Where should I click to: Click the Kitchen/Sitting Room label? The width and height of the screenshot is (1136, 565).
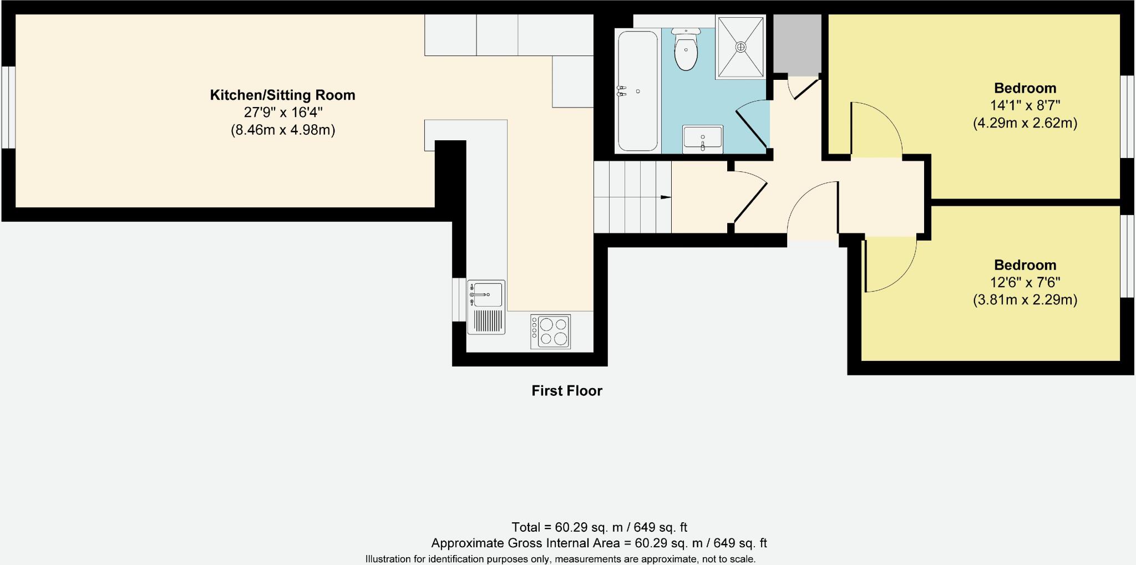282,95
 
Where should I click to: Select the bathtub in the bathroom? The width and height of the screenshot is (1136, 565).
638,91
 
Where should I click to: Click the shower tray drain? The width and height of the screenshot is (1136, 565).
741,47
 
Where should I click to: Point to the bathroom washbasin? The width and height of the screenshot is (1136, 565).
703,139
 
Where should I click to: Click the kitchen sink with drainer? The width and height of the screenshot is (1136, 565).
486,307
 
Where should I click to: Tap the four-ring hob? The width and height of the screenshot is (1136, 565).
550,331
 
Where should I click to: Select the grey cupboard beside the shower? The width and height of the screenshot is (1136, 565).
797,44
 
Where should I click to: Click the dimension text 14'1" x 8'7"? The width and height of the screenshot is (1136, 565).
1025,105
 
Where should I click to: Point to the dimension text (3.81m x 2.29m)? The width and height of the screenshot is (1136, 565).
1025,300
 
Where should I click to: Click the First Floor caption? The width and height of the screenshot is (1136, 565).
566,391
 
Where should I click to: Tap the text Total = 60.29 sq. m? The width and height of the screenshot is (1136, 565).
599,527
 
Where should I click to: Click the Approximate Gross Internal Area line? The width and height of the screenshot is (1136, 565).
599,543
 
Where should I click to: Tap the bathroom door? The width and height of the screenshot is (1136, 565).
753,126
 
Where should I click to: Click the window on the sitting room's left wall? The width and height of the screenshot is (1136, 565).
8,108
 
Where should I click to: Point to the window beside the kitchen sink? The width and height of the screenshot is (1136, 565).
459,299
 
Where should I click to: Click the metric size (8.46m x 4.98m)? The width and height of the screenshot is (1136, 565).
282,130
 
